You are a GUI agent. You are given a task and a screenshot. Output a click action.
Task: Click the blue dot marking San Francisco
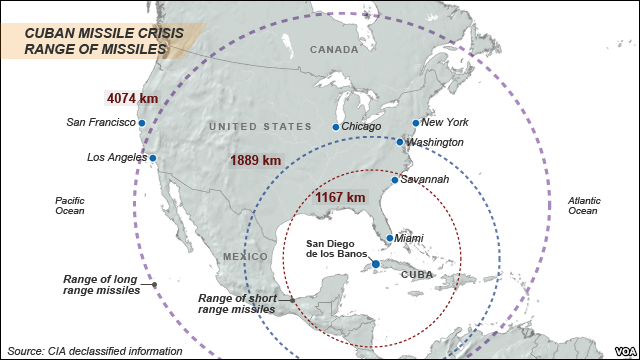[x=142, y=123]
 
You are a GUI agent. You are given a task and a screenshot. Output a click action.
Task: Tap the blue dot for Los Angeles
[x=153, y=158]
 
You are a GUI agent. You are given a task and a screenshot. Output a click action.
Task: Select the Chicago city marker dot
[x=336, y=127]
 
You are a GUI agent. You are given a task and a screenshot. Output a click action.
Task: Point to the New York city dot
[x=416, y=123]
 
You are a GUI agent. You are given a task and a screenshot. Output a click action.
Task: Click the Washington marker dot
[x=400, y=142]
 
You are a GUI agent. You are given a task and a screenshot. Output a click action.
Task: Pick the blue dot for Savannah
[x=395, y=180]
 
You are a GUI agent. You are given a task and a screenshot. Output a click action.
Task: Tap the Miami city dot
[x=389, y=238]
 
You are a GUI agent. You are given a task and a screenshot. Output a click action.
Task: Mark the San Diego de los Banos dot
[x=375, y=264]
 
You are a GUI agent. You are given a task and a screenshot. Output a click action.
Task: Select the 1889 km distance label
[x=256, y=160]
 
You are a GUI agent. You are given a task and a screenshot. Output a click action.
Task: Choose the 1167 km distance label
[x=340, y=197]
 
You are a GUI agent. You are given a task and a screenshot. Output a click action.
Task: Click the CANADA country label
[x=333, y=49]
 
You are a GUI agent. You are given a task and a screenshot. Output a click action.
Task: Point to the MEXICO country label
[x=245, y=257]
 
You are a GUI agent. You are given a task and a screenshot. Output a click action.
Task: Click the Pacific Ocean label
[x=69, y=205]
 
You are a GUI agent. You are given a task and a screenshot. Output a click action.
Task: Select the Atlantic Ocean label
[x=583, y=205]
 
